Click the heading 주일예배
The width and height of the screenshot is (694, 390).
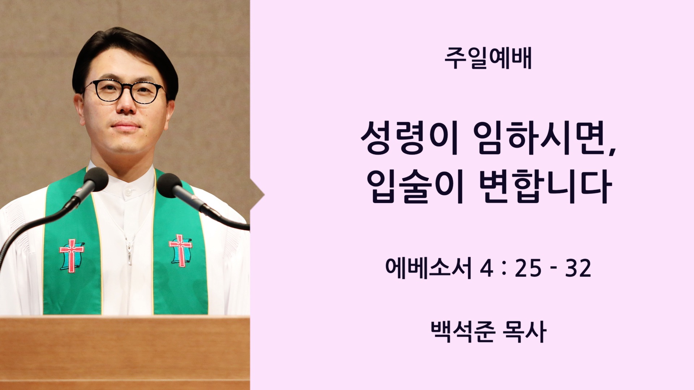coord(488,60)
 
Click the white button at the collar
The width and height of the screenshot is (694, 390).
coord(127,194)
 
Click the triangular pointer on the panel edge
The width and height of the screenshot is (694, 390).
coord(257,195)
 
